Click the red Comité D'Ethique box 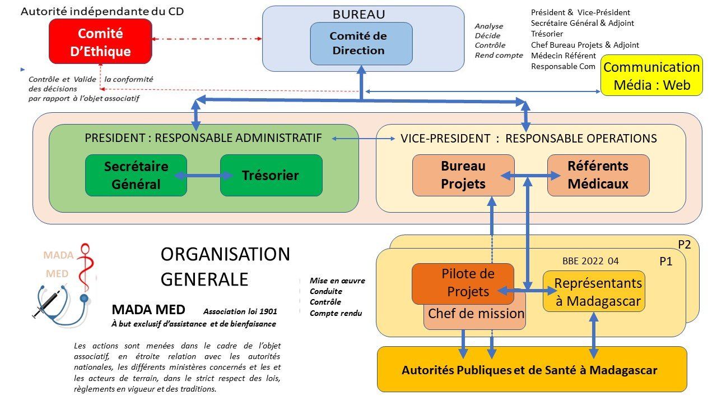101,42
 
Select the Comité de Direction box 361,43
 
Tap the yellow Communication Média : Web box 651,76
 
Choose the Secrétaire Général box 136,175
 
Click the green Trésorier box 271,175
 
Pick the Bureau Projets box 463,175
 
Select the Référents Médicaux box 598,175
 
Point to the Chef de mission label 476,314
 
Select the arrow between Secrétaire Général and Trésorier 204,176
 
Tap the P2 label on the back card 685,244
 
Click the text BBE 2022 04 590,261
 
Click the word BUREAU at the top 359,15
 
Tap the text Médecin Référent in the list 564,56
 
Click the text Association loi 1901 240,311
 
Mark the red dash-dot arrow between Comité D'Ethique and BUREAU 207,39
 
